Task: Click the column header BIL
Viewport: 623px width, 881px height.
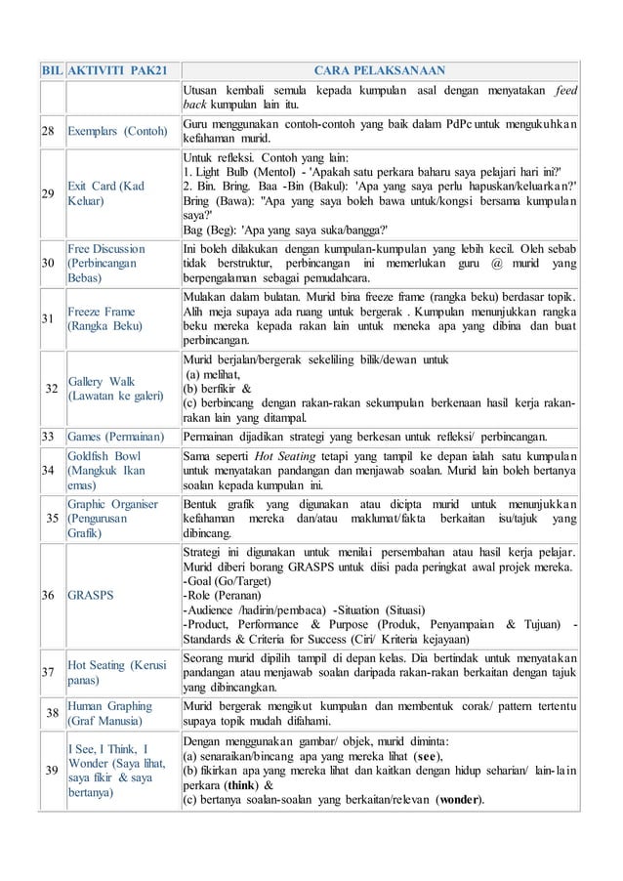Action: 51,71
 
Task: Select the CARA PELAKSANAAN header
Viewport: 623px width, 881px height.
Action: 380,71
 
